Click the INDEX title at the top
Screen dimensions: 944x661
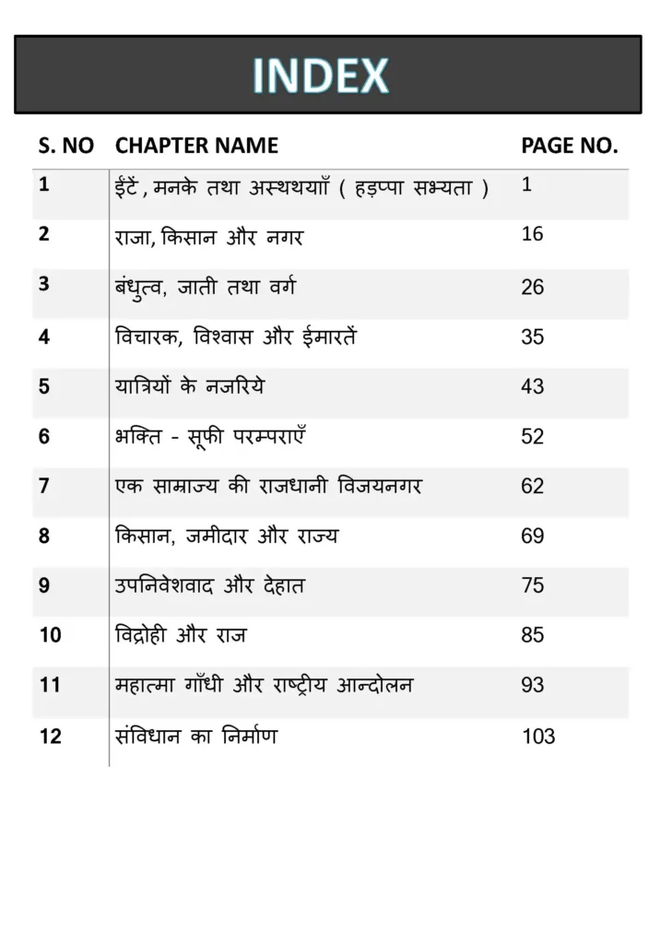click(321, 76)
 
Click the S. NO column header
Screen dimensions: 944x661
click(65, 146)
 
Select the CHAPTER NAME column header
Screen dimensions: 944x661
click(196, 146)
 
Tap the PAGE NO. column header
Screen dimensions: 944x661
click(569, 146)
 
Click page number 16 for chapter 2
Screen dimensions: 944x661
click(532, 234)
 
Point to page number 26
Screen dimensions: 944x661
click(532, 288)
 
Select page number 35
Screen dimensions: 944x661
click(532, 337)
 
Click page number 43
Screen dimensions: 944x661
click(532, 387)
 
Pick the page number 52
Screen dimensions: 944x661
click(532, 437)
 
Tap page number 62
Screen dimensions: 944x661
click(532, 487)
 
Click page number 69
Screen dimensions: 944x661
click(532, 537)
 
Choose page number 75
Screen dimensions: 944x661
click(532, 586)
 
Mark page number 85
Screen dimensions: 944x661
click(532, 636)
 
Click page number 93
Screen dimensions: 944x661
click(532, 686)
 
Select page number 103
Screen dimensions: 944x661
click(537, 737)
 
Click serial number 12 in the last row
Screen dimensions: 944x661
click(50, 737)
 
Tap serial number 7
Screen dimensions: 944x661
click(44, 486)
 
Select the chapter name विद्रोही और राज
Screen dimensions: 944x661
click(181, 635)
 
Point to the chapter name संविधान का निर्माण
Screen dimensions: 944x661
click(196, 736)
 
